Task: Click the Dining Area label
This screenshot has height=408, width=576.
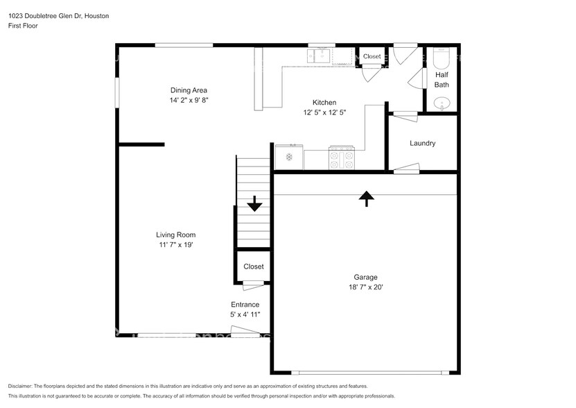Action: point(189,90)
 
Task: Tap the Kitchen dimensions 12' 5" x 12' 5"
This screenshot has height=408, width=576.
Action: point(324,112)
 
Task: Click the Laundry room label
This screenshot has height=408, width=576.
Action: point(422,144)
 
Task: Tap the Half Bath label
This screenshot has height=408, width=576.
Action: point(442,79)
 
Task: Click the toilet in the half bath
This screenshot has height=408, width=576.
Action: point(442,56)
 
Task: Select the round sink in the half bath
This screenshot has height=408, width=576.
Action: point(442,104)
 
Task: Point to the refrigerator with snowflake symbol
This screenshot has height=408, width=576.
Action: point(289,158)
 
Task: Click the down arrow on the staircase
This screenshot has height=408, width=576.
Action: point(254,203)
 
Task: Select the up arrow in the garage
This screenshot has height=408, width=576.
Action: point(366,198)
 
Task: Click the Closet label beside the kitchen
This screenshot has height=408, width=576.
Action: point(372,56)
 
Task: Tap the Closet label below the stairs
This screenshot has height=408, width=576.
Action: point(253,266)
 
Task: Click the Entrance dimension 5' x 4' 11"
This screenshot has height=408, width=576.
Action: point(245,314)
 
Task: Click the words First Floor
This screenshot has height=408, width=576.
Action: point(23,26)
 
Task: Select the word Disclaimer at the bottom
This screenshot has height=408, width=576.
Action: point(20,386)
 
